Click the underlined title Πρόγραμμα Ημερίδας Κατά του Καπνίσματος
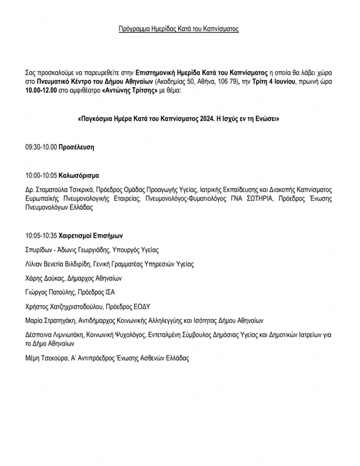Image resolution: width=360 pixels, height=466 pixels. (179, 29)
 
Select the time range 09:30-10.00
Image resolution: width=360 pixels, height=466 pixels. (41, 147)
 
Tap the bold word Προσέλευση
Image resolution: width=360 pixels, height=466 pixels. (76, 147)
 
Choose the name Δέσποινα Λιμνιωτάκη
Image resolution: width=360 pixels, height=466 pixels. (54, 334)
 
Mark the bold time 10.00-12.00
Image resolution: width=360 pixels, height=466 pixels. (41, 90)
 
